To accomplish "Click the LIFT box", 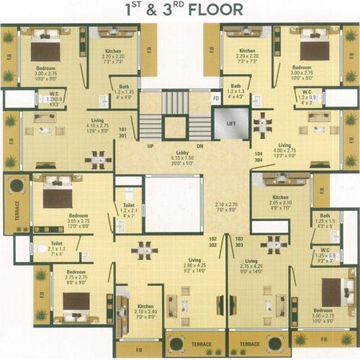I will tap(231, 124).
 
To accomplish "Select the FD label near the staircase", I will tap(215, 98).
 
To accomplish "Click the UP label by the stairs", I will tap(150, 145).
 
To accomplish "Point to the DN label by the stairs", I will tap(201, 145).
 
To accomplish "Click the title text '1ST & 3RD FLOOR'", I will tap(180, 11).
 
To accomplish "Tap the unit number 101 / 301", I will tap(122, 132).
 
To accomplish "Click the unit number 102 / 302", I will tap(212, 241).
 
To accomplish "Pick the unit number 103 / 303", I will tap(239, 241).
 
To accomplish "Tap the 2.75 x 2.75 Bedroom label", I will tap(76, 277).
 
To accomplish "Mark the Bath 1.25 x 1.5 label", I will tap(325, 220).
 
